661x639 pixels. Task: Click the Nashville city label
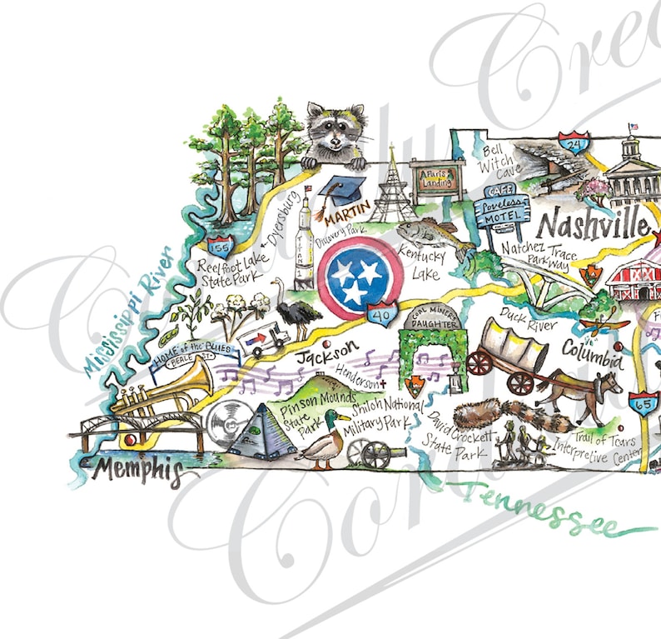click(x=592, y=223)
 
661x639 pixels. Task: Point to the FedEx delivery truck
click(x=265, y=340)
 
